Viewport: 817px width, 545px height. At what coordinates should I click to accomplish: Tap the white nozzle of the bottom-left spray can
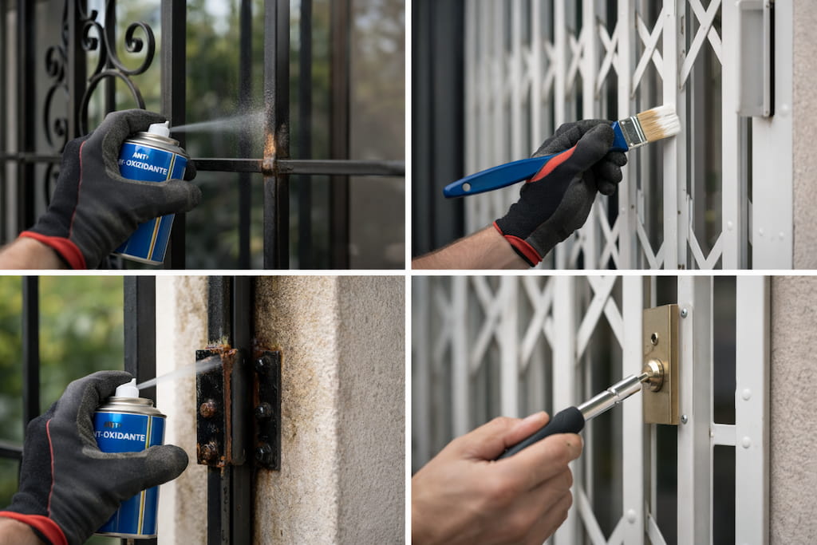[x=128, y=389]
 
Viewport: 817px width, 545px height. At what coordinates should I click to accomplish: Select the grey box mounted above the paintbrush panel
[x=754, y=56]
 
